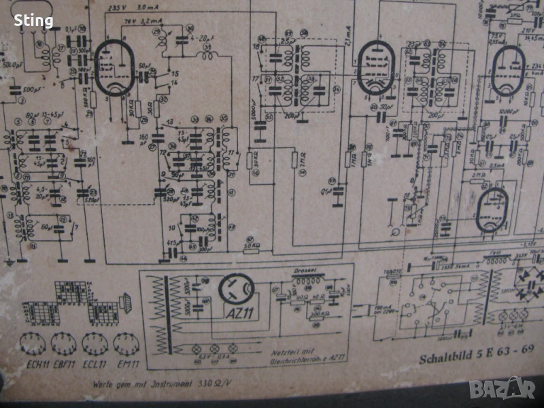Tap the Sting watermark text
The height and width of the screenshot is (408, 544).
[x=33, y=21]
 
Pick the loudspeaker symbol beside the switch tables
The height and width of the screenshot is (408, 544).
[x=125, y=299]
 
